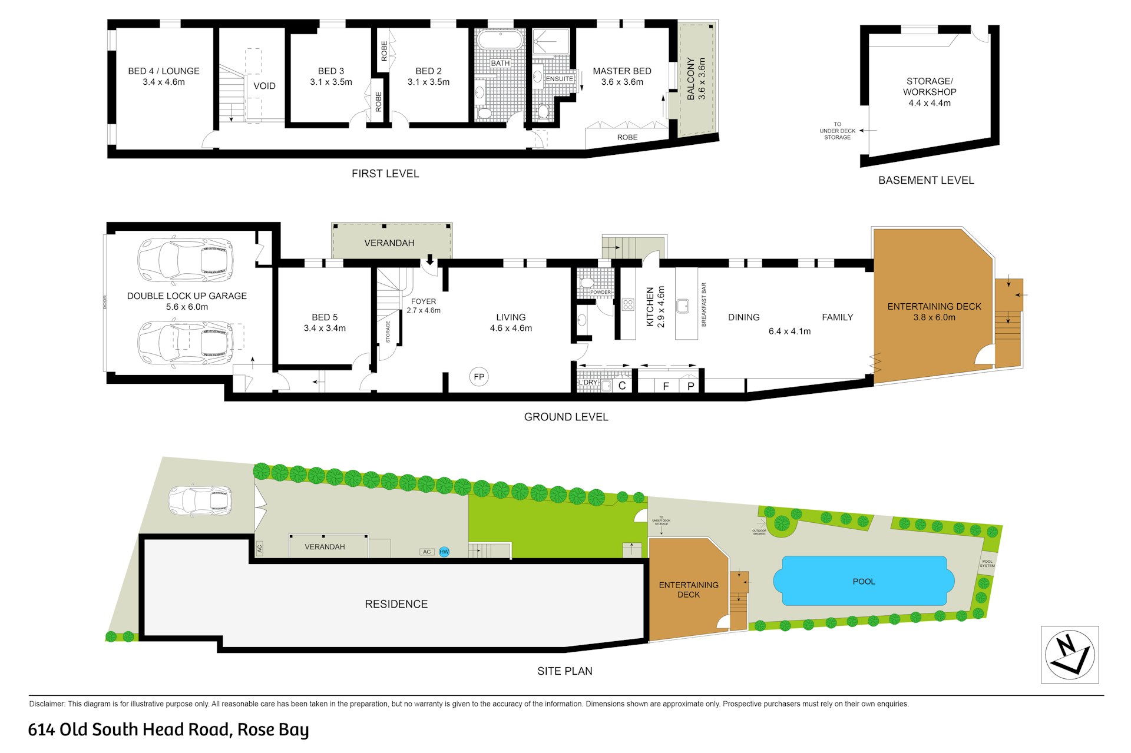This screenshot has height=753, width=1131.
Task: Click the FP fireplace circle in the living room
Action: point(479,377)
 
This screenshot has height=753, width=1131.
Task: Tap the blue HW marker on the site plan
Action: point(444,552)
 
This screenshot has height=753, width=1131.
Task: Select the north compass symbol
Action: point(1070,655)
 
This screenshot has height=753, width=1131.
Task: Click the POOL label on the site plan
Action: point(864,582)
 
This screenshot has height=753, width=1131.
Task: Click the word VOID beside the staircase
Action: point(264,86)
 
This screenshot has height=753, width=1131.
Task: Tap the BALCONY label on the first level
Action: point(691,78)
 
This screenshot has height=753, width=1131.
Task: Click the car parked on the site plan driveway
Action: point(200,501)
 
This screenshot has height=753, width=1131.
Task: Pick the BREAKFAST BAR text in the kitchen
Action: point(704,305)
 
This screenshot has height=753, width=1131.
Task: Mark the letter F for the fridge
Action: point(666,386)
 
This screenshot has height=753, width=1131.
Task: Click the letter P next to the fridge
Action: point(690,386)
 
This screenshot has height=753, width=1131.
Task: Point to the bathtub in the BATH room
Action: point(500,41)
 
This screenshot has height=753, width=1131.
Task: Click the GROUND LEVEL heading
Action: point(566,417)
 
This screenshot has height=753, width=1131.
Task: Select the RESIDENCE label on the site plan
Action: point(396,604)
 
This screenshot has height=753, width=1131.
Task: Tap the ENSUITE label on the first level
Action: point(559,79)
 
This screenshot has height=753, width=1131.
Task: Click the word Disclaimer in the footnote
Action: point(47,704)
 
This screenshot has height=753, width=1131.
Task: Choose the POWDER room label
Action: point(600,292)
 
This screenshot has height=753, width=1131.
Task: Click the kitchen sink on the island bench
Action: point(683,306)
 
